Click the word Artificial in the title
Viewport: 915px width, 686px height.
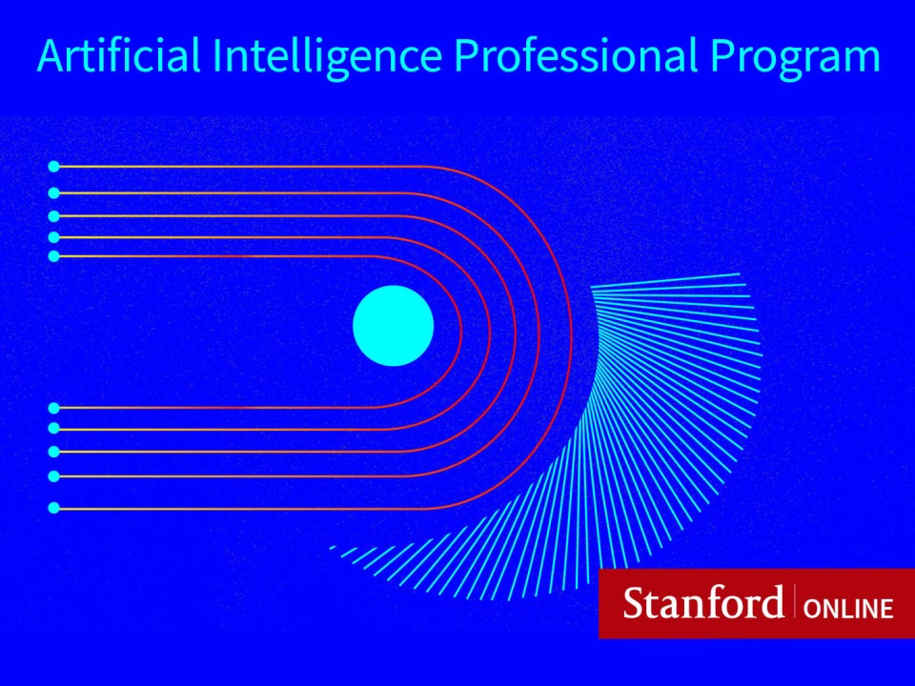pos(119,54)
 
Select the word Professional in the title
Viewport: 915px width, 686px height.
pos(576,54)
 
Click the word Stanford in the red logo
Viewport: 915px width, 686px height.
pos(703,602)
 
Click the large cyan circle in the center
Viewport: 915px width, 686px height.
pos(394,326)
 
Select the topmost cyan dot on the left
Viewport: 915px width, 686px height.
pos(53,167)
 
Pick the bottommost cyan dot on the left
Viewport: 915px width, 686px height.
pos(53,508)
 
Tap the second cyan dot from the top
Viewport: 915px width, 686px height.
pos(53,192)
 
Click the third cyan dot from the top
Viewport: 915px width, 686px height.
pos(53,216)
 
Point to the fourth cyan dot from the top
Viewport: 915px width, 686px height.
pos(53,237)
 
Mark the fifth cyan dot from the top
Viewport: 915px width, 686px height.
pos(53,256)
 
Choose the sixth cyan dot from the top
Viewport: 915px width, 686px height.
pos(53,408)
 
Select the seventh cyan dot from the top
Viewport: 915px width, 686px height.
pos(53,428)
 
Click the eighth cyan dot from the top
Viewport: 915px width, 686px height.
pos(53,452)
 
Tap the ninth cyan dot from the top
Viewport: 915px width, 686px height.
pos(53,476)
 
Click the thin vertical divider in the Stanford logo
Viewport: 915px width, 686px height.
pos(794,600)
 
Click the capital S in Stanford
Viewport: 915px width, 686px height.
pos(633,602)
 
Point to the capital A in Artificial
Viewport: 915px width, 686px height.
pos(51,55)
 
